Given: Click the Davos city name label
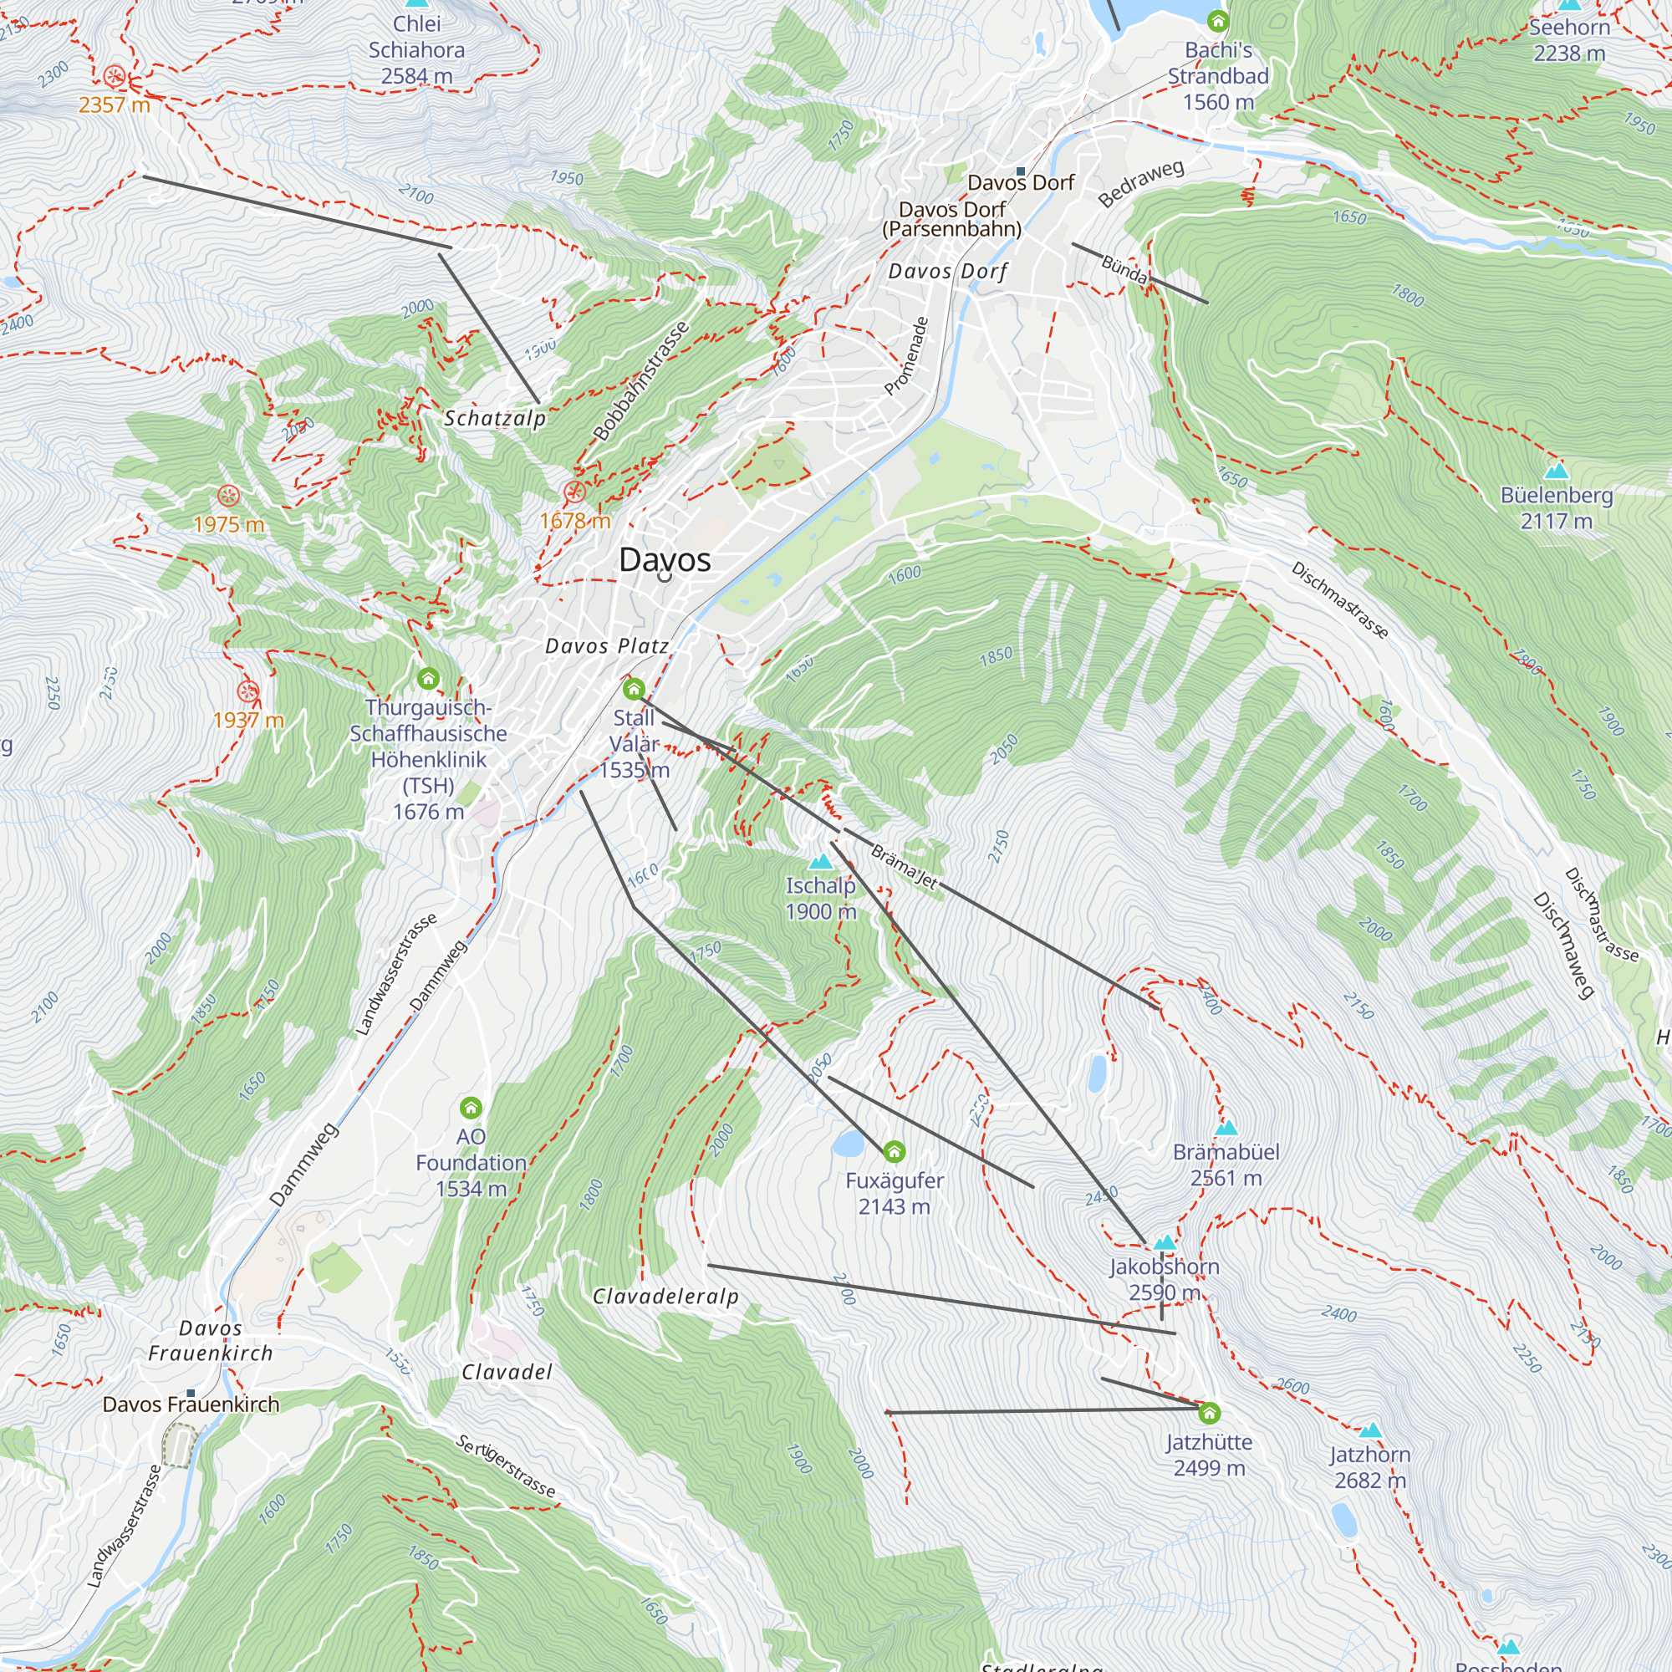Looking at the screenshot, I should [x=665, y=560].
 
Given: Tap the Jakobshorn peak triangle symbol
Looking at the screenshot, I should [x=1164, y=1243].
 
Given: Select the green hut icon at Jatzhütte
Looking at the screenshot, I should [x=1209, y=1413].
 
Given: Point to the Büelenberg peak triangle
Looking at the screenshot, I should [x=1557, y=470].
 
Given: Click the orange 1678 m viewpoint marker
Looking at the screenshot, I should [x=574, y=492].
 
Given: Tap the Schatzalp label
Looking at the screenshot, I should [x=495, y=419].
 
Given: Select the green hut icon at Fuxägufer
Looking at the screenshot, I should [x=894, y=1152].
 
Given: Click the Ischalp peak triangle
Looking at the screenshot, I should [x=819, y=861].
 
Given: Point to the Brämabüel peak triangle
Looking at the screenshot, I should [x=1226, y=1128].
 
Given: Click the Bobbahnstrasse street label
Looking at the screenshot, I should [x=641, y=380].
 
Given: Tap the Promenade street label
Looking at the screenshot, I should [x=906, y=357].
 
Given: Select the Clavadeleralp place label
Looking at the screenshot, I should [x=665, y=1297].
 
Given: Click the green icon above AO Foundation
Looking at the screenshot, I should [x=471, y=1108].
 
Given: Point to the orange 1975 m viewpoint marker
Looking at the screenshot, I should [x=228, y=496].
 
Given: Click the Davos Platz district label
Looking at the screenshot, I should [x=607, y=646].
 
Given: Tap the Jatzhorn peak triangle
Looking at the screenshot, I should [x=1370, y=1430].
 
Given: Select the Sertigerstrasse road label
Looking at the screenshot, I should [x=506, y=1466].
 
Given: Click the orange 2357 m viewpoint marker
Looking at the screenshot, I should [x=115, y=77].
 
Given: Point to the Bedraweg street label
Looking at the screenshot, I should [x=1140, y=183].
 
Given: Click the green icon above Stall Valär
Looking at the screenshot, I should [x=634, y=689].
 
